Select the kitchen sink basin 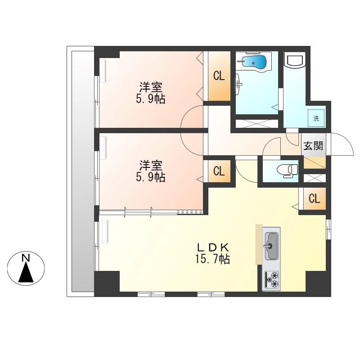[272, 246]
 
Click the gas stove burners [272, 279]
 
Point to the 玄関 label [313, 146]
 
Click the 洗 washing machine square [316, 118]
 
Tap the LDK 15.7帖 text [212, 253]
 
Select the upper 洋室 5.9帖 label [151, 93]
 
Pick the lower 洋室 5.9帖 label [151, 171]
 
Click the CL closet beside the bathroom [219, 76]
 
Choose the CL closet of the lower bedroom [219, 171]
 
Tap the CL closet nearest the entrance [314, 198]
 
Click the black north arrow [26, 272]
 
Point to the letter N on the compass [26, 258]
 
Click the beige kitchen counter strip [259, 244]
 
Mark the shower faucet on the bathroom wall [239, 84]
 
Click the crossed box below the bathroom [257, 124]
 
